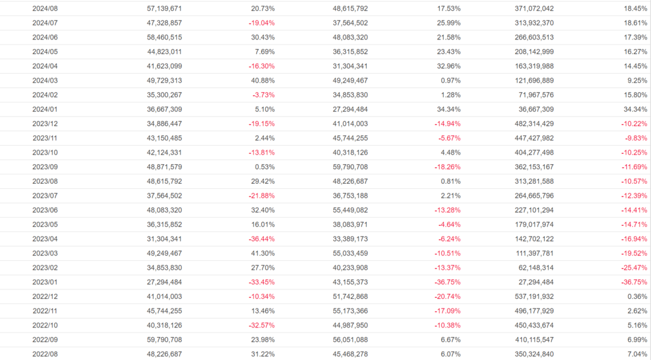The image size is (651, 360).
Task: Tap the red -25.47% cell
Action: (633, 267)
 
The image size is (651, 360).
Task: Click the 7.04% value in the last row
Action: (636, 354)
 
